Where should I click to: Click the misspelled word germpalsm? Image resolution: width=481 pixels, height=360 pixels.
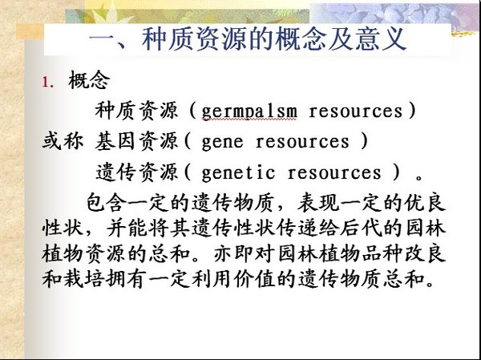(249, 111)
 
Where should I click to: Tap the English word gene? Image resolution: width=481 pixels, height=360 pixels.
(222, 142)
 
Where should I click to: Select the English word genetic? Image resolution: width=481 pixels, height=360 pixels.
(238, 172)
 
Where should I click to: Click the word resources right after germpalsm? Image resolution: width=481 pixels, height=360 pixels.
(355, 111)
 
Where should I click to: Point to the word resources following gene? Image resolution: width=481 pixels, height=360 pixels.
(302, 142)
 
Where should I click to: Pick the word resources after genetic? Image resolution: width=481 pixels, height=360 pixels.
(334, 173)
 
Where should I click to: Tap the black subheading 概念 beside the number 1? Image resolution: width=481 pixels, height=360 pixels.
(89, 80)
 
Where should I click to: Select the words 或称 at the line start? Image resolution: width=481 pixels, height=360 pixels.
(63, 142)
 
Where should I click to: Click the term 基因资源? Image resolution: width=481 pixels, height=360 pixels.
(136, 142)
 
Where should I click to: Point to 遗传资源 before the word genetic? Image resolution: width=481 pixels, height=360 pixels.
(136, 172)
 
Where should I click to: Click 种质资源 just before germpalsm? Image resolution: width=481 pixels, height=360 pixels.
(136, 111)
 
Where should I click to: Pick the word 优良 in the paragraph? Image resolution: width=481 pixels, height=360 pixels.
(425, 203)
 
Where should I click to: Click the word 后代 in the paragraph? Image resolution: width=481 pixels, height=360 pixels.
(362, 229)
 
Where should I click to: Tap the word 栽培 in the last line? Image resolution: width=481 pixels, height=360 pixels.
(83, 279)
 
